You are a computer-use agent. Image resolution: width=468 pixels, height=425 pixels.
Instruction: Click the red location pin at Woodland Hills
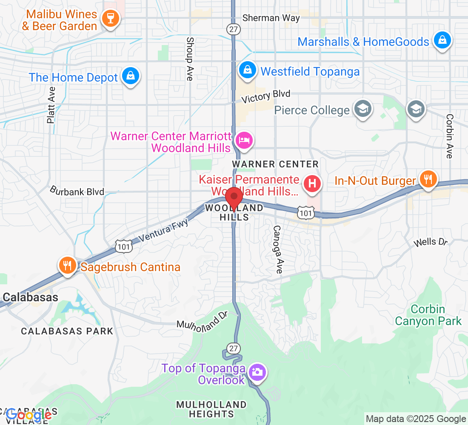[x=234, y=198]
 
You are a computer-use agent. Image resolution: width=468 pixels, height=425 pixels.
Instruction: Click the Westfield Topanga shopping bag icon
[x=247, y=70]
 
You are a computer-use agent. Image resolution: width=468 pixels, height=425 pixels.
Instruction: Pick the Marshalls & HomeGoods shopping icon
[x=442, y=40]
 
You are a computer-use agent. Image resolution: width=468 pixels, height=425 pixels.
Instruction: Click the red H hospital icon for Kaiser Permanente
[x=312, y=184]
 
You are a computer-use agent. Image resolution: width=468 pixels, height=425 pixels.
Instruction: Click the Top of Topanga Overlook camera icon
[x=257, y=372]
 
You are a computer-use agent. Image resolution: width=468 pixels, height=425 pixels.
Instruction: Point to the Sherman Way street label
[x=271, y=18]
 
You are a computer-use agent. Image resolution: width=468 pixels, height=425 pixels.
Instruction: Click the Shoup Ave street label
[x=189, y=59]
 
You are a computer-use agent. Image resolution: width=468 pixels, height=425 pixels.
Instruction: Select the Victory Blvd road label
[x=266, y=96]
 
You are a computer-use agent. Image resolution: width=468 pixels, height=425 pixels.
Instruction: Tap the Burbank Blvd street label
[x=77, y=191]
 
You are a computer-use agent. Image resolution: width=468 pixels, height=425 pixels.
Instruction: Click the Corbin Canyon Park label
[x=428, y=315]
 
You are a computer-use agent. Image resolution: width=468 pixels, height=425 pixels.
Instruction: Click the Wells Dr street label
[x=431, y=242]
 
